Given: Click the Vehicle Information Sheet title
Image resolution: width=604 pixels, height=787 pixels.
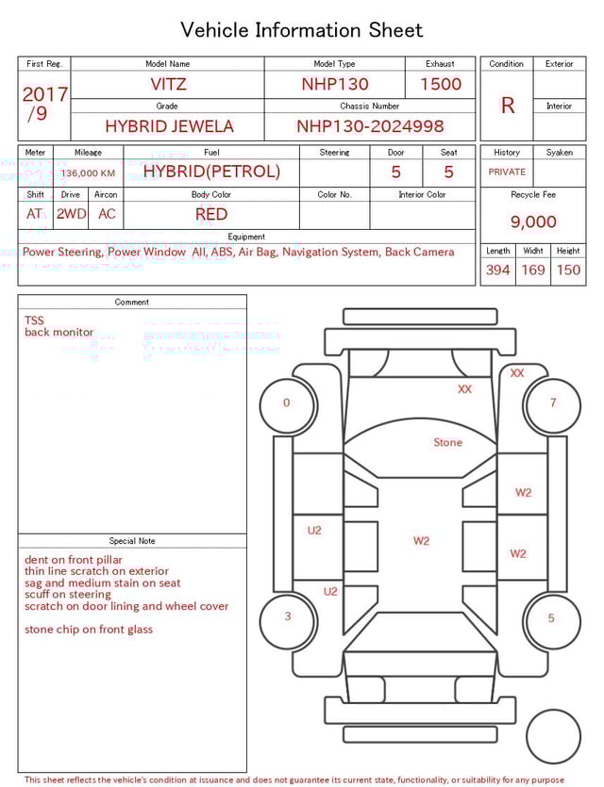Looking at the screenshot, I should pyautogui.click(x=301, y=29).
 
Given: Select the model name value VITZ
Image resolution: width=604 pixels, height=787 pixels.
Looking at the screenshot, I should pyautogui.click(x=168, y=84).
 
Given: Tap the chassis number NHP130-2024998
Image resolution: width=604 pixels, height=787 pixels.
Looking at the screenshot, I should pyautogui.click(x=370, y=126).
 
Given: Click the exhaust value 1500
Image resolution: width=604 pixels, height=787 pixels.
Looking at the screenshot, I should pyautogui.click(x=441, y=84).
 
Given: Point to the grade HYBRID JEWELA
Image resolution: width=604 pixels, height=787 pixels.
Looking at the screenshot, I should pyautogui.click(x=169, y=126).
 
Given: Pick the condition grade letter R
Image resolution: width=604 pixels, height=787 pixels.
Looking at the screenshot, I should pyautogui.click(x=507, y=106).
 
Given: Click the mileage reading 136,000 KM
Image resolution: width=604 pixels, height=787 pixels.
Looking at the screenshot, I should pyautogui.click(x=88, y=173).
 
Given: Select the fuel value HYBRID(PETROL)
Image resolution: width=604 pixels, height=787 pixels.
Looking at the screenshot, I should pyautogui.click(x=211, y=172).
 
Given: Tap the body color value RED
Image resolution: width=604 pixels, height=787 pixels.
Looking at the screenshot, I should pyautogui.click(x=211, y=214).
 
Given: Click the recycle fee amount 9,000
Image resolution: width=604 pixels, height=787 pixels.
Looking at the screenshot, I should pyautogui.click(x=533, y=221).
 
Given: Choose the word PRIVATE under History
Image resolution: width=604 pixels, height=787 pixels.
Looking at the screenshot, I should pyautogui.click(x=507, y=172).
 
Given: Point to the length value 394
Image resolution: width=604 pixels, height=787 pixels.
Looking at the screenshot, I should pyautogui.click(x=497, y=270).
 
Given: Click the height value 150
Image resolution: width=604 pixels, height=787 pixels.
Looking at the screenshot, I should pyautogui.click(x=568, y=270).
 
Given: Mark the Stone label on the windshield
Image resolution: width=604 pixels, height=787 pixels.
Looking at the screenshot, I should pyautogui.click(x=447, y=442).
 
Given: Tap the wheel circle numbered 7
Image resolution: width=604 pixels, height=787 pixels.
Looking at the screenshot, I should pyautogui.click(x=552, y=403).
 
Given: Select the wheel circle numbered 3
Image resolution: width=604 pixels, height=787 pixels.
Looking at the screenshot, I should pyautogui.click(x=287, y=617).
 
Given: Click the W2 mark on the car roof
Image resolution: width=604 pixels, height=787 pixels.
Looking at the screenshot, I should pyautogui.click(x=421, y=541).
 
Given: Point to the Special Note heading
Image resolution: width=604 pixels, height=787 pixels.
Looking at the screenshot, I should pyautogui.click(x=132, y=541).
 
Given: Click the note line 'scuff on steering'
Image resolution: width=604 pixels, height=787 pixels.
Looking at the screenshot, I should pyautogui.click(x=68, y=595).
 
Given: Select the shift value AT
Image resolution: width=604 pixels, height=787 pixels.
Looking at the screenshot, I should pyautogui.click(x=35, y=214).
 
